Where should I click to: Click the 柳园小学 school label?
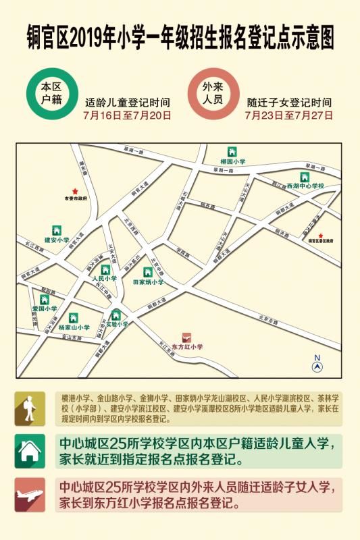233,162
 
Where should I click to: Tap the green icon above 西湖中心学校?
305,177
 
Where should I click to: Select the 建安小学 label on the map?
57,240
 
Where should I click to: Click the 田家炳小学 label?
148,282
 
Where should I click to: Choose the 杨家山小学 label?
74,327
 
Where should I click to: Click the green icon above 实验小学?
116,315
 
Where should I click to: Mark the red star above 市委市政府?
76,192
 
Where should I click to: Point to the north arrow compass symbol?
317,364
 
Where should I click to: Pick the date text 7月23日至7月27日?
289,115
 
